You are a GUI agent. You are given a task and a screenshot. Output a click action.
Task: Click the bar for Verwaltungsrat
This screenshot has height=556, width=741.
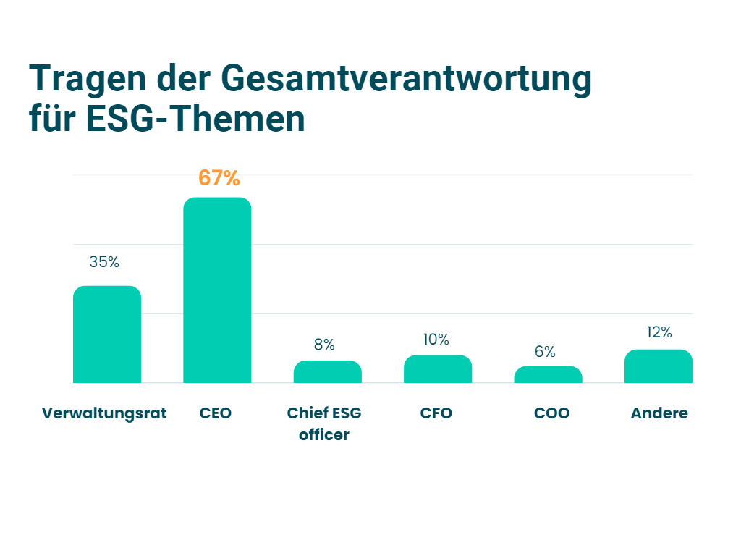[x=107, y=334]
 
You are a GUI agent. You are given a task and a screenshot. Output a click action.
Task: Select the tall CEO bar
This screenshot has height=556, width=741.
[x=217, y=290]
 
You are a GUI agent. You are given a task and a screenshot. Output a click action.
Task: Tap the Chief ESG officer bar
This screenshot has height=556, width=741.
[x=327, y=371]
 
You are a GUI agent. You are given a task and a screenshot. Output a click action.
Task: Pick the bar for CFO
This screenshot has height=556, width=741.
[x=438, y=369]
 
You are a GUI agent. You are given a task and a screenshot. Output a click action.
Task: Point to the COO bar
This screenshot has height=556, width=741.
[x=548, y=374]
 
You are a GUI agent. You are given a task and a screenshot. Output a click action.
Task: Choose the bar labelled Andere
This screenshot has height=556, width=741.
[x=659, y=366]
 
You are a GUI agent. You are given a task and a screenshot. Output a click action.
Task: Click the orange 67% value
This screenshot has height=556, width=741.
[x=219, y=178]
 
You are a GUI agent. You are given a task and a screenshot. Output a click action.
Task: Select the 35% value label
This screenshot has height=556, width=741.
[x=104, y=262]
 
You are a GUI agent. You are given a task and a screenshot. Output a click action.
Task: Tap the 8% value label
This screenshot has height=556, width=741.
[x=324, y=345]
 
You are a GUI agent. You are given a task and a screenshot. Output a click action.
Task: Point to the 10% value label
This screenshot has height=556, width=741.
[x=436, y=340]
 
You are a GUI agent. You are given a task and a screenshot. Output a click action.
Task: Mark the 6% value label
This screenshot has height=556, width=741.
[x=545, y=352]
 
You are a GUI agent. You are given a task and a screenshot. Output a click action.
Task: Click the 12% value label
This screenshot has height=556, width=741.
[x=659, y=332]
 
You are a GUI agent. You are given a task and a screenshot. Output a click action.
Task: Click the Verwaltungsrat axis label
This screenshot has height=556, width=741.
[x=104, y=413]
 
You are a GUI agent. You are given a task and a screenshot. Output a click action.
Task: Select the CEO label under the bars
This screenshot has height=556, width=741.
[x=216, y=413]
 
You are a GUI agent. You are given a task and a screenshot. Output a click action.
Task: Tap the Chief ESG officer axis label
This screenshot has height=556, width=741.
[x=324, y=424]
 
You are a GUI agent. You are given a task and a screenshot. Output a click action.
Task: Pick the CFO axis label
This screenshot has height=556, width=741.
[x=436, y=413]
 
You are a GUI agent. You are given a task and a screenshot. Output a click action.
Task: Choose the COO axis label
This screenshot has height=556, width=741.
[x=552, y=413]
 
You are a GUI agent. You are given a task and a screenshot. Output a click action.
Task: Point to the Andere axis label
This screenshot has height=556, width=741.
[x=659, y=413]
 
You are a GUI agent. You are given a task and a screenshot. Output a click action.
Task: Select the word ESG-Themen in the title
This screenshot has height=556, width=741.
[x=195, y=119]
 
